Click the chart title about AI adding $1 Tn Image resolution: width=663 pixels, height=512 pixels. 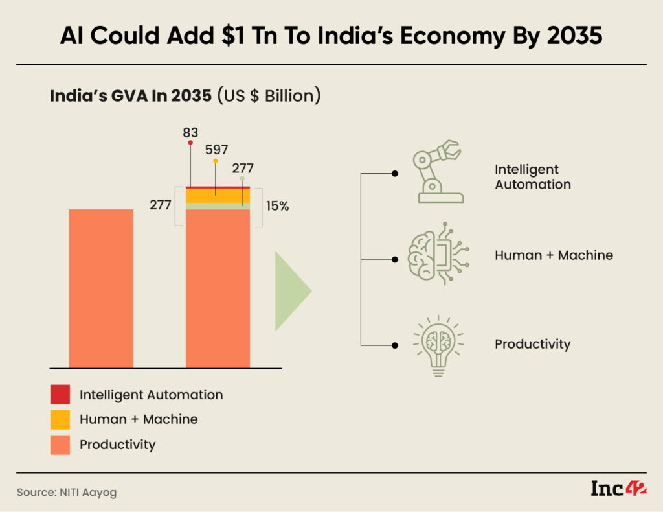click(x=331, y=36)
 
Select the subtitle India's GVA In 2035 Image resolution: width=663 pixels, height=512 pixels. click(x=185, y=96)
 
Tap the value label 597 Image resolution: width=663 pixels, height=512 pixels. click(x=216, y=150)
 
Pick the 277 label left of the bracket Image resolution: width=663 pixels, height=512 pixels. click(x=160, y=205)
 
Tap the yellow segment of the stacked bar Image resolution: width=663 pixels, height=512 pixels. click(x=218, y=195)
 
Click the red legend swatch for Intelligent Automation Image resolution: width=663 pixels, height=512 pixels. click(x=60, y=395)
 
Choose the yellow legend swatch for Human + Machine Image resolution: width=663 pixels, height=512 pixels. click(x=60, y=419)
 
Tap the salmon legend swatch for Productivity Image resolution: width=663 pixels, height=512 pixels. click(x=60, y=445)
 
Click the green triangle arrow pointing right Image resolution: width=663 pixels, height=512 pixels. click(x=292, y=291)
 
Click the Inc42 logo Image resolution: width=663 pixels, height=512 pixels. click(x=618, y=489)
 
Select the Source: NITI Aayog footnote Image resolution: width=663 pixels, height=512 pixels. click(x=67, y=493)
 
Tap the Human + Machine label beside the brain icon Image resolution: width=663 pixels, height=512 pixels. click(x=554, y=255)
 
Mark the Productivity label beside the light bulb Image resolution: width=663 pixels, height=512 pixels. click(x=532, y=343)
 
